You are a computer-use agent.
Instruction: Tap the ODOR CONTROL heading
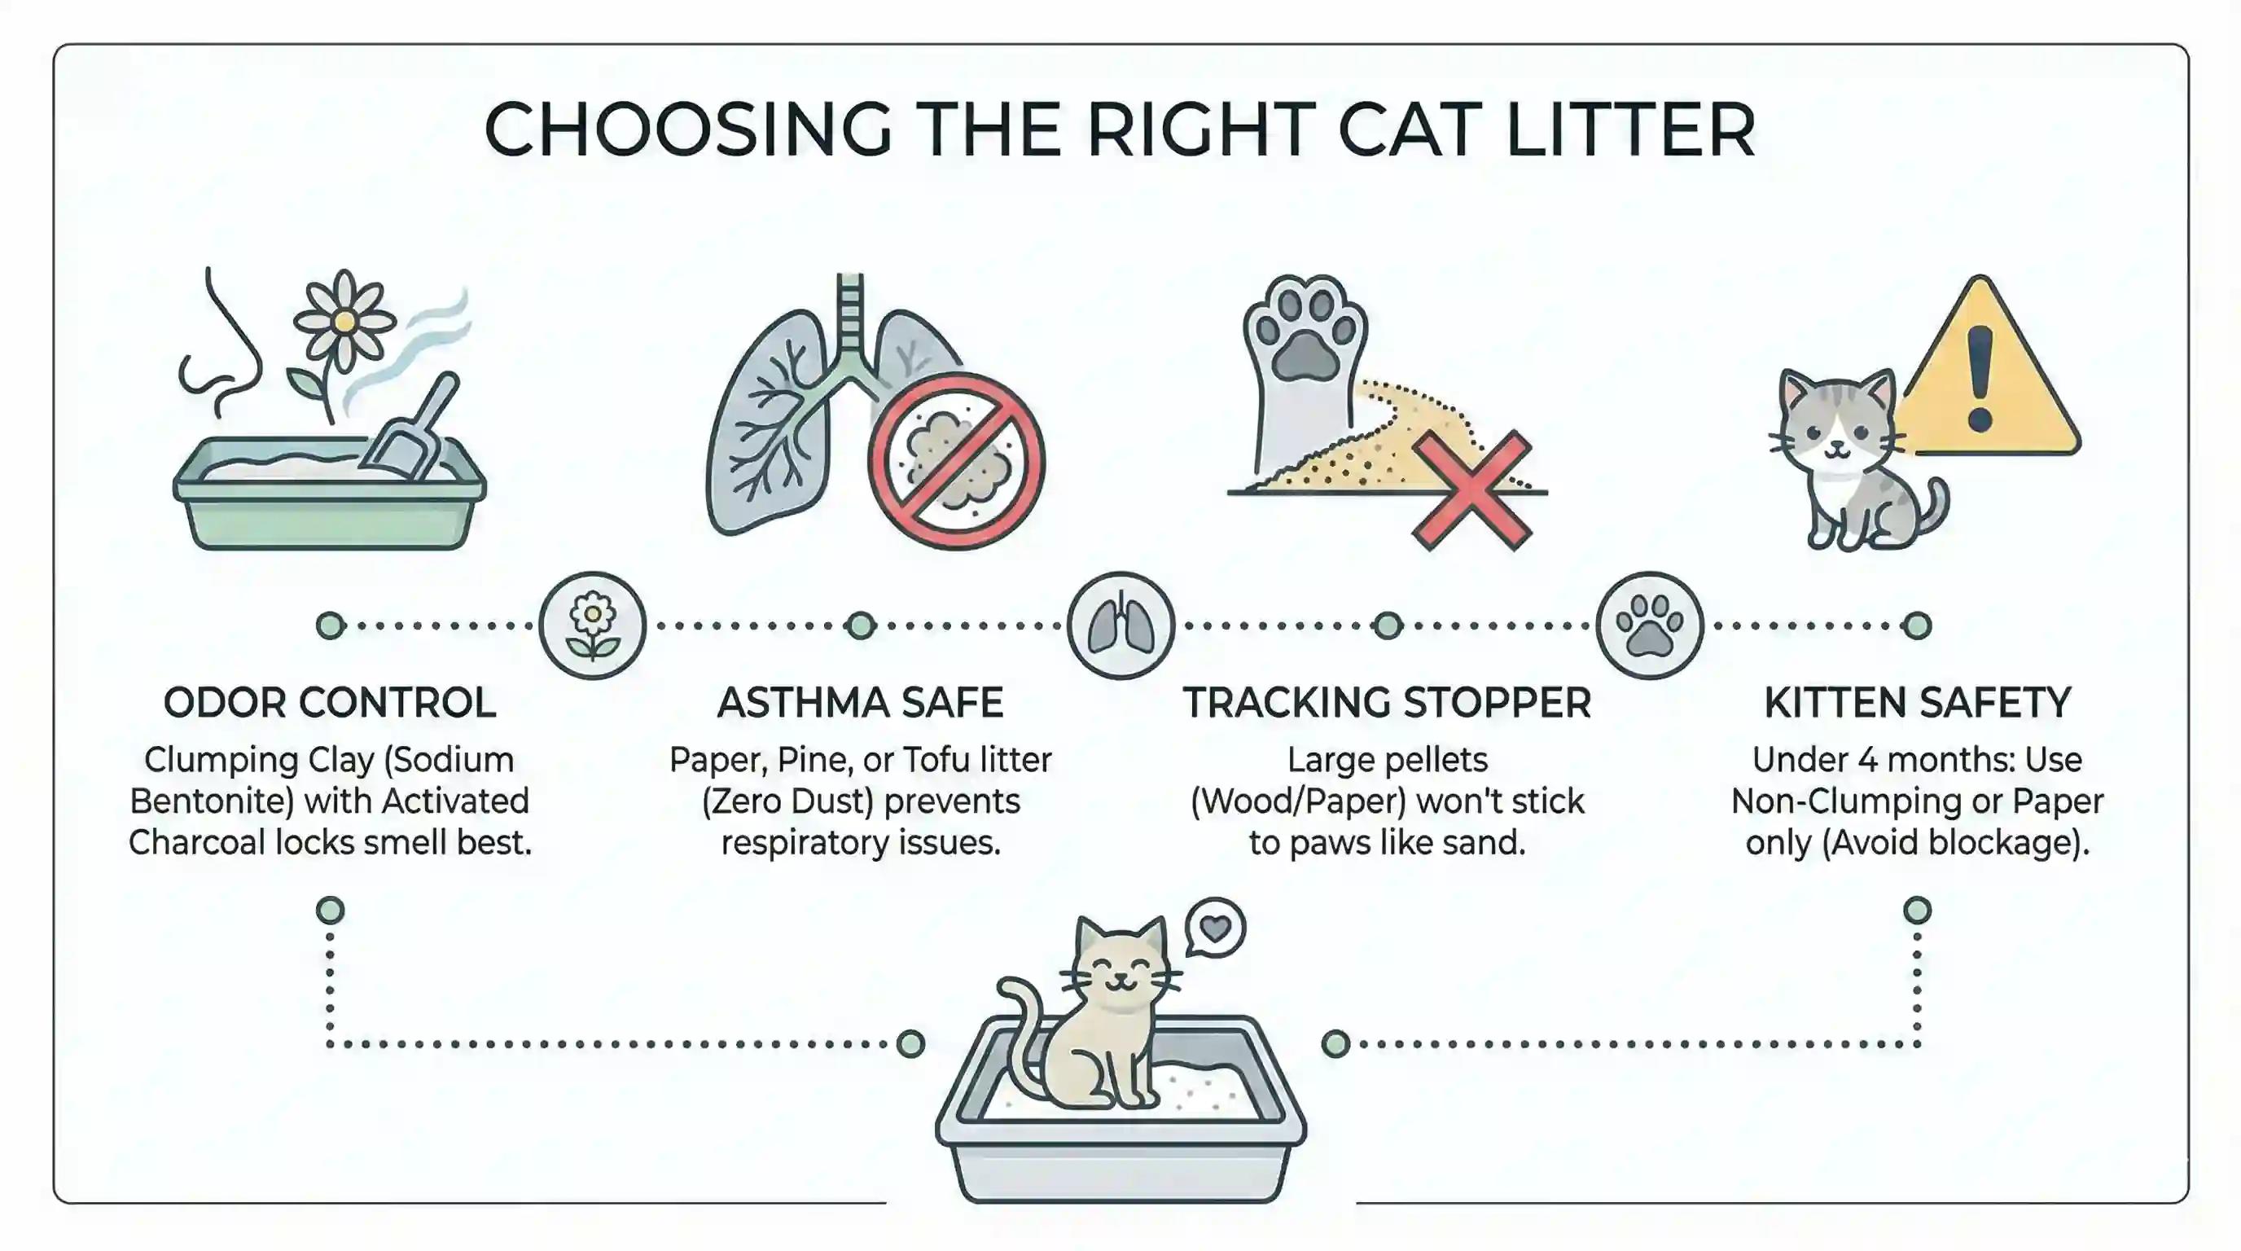[x=330, y=702]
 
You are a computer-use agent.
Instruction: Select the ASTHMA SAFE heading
[x=861, y=702]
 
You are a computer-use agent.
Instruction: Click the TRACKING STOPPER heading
[x=1387, y=702]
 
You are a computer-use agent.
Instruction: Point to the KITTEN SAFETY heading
[x=1917, y=702]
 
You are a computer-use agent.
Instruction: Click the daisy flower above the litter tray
[x=344, y=322]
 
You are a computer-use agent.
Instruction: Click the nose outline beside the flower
[x=221, y=348]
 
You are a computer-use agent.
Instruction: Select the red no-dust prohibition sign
[x=956, y=461]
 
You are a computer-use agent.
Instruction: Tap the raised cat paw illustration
[x=1303, y=366]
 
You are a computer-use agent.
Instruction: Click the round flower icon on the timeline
[x=593, y=625]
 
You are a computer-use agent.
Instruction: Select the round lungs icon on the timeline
[x=1120, y=625]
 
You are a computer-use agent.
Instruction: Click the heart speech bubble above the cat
[x=1215, y=928]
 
